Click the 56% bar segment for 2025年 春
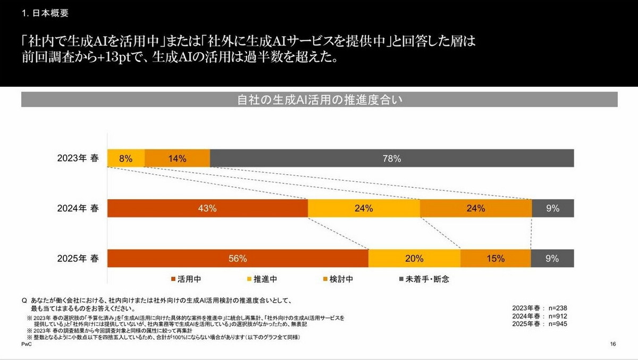point(238,258)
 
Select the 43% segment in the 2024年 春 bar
point(207,208)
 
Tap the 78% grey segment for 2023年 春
point(392,158)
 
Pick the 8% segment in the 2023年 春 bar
point(126,158)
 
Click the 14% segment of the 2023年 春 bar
point(177,158)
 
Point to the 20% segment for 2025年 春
point(414,258)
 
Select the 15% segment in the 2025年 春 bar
point(496,258)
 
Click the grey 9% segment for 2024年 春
point(552,208)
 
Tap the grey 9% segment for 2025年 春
point(552,258)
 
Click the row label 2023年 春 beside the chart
point(78,158)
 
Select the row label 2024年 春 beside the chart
point(78,208)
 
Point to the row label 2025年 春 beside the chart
point(78,258)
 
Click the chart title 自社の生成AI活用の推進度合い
point(319,99)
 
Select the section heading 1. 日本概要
point(45,13)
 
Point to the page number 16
point(612,345)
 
